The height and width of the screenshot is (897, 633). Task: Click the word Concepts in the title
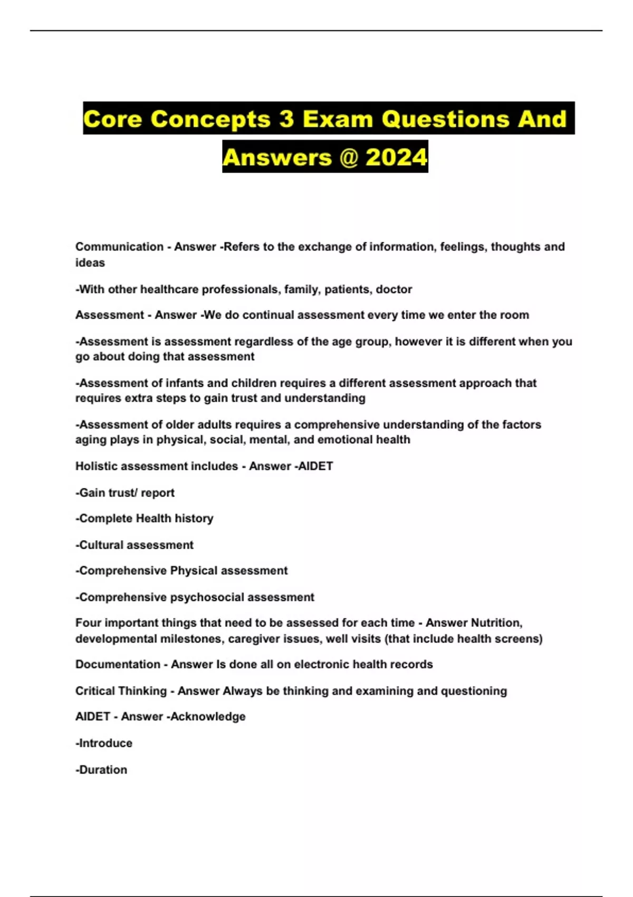pyautogui.click(x=210, y=119)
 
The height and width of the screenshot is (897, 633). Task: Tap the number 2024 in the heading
pyautogui.click(x=396, y=157)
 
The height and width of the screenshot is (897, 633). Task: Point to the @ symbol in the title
pyautogui.click(x=348, y=157)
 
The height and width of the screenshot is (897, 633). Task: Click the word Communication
pyautogui.click(x=119, y=247)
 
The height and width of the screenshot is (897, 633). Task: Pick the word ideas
pyautogui.click(x=90, y=263)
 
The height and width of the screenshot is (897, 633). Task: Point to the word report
pyautogui.click(x=157, y=493)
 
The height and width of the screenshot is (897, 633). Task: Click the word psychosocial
pyautogui.click(x=207, y=597)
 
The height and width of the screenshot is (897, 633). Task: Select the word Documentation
pyautogui.click(x=118, y=664)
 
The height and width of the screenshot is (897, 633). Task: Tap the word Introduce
pyautogui.click(x=105, y=743)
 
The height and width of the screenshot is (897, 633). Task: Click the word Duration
pyautogui.click(x=103, y=770)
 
